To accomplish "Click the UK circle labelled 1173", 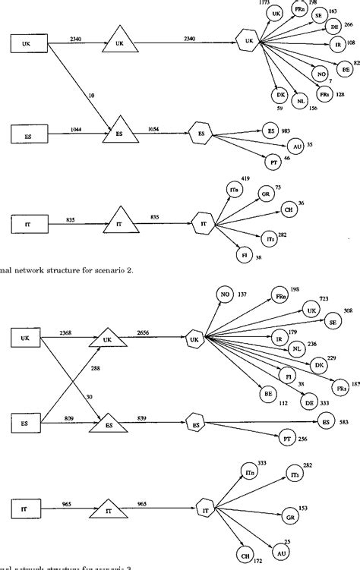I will (x=276, y=14).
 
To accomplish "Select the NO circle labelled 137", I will (x=223, y=294).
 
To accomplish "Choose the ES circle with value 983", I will (x=269, y=131).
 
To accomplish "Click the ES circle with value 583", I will (x=326, y=422).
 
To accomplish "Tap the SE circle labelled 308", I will (x=333, y=323).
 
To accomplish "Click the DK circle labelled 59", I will (x=279, y=95).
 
